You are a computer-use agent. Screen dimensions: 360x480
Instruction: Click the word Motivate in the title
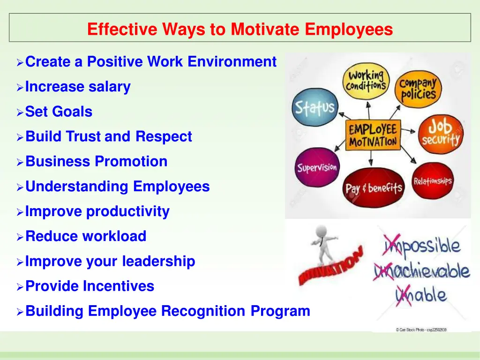(x=265, y=30)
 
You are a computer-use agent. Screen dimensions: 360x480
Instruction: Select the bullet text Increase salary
(x=78, y=87)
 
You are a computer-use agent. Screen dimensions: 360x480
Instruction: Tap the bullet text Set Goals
(x=59, y=112)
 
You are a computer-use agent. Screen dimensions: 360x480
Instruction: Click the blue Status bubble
(x=314, y=107)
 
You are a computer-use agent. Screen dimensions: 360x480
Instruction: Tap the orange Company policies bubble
(x=418, y=89)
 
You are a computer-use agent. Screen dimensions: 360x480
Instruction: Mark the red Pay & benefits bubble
(x=374, y=188)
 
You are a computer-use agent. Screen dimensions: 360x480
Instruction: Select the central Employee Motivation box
(x=373, y=135)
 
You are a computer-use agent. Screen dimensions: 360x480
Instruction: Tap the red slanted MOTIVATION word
(x=330, y=267)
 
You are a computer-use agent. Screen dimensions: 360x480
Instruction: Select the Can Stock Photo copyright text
(x=420, y=330)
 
